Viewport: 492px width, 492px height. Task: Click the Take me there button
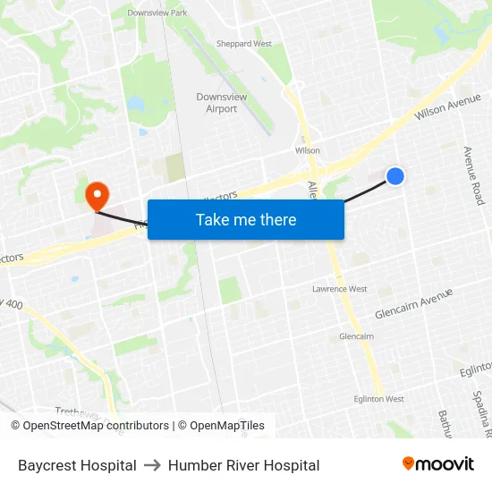point(245,219)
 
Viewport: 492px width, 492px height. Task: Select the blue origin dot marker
point(394,176)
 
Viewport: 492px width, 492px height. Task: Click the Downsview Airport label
point(221,103)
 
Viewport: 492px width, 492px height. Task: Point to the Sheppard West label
point(243,44)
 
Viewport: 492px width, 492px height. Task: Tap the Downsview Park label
point(157,13)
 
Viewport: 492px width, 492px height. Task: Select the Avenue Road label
point(472,175)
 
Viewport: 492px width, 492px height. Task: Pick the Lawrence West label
point(339,289)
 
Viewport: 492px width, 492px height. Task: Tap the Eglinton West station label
point(378,399)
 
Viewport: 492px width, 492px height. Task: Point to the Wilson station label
point(307,150)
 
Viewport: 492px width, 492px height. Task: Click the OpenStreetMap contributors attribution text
point(89,426)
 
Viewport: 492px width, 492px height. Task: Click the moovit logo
point(437,463)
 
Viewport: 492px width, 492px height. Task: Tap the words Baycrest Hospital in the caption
point(77,465)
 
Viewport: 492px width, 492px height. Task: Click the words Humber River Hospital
point(243,465)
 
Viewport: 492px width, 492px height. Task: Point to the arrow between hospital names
point(152,465)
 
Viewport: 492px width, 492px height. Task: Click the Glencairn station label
point(356,336)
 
